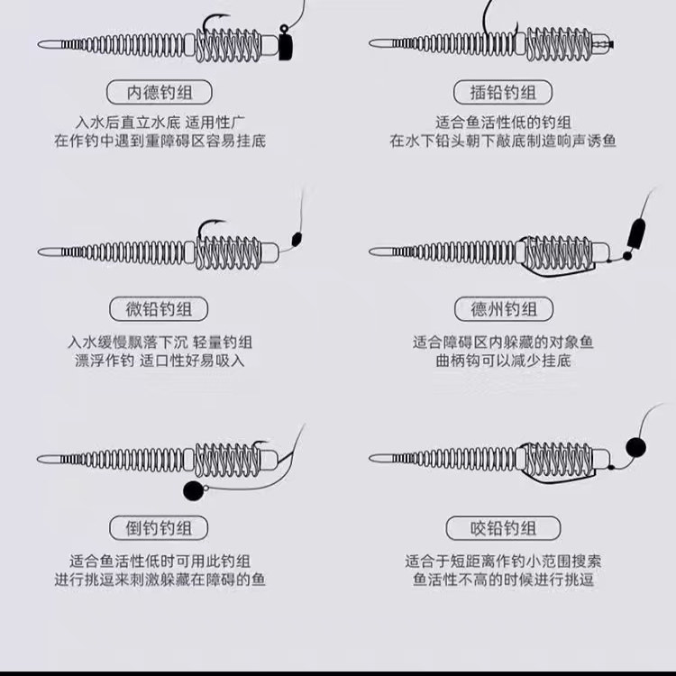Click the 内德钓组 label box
[x=159, y=92]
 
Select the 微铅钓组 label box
[x=159, y=309]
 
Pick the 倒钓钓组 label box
[x=159, y=527]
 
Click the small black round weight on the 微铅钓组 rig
[x=294, y=240]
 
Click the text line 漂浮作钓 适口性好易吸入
[x=159, y=361]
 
